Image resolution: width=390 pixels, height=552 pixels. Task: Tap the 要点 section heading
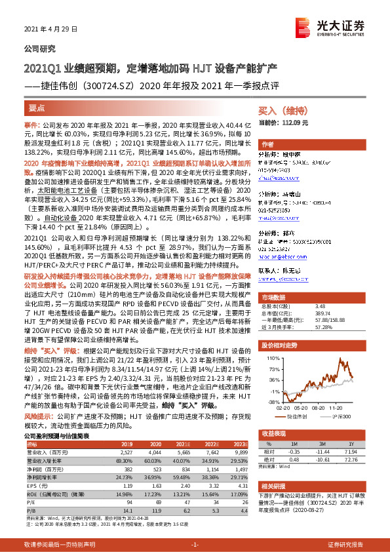point(37,107)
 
